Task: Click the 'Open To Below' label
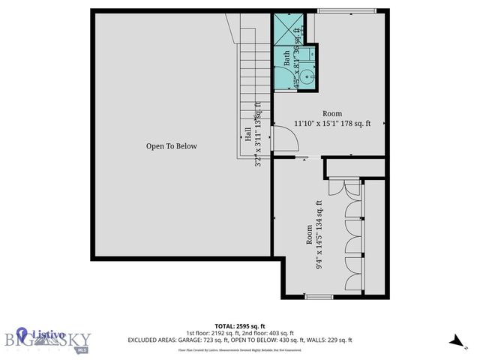point(171,146)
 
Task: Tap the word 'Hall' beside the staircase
point(247,135)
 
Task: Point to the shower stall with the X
point(286,31)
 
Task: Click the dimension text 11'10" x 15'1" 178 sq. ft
point(332,124)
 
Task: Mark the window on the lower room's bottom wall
point(319,298)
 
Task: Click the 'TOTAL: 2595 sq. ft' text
point(240,325)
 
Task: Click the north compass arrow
point(455,340)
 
